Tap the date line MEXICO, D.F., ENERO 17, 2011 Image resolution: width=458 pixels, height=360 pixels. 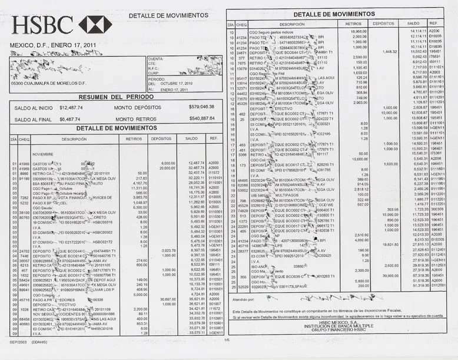pyautogui.click(x=53, y=45)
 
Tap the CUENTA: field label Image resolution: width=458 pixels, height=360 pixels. pyautogui.click(x=155, y=60)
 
